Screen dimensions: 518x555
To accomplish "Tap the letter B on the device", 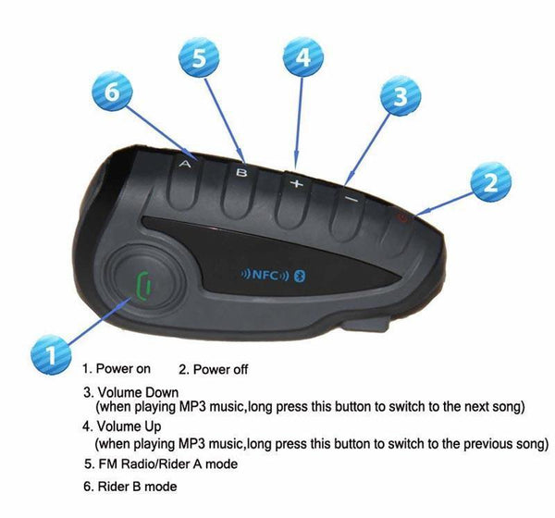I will click(x=242, y=171).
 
